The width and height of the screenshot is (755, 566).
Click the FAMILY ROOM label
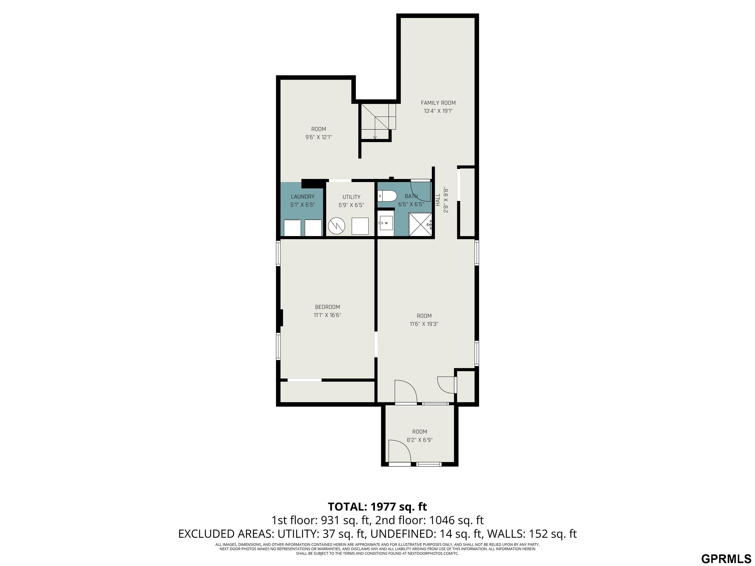438,103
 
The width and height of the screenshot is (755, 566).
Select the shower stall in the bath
421,224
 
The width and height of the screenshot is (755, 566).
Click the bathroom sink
386,223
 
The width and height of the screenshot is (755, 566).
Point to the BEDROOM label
327,307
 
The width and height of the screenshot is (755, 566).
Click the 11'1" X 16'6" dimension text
327,315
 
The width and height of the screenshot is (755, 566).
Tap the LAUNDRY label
302,197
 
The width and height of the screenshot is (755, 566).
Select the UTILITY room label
351,197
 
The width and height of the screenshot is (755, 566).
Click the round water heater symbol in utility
336,226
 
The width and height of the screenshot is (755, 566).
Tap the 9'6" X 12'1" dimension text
319,137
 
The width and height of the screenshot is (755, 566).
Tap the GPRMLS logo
726,558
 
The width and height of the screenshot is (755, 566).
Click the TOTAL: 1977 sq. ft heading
377,507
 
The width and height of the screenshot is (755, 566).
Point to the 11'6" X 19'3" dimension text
424,324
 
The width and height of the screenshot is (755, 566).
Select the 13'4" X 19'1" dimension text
438,111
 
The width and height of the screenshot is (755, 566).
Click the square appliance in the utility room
360,226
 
